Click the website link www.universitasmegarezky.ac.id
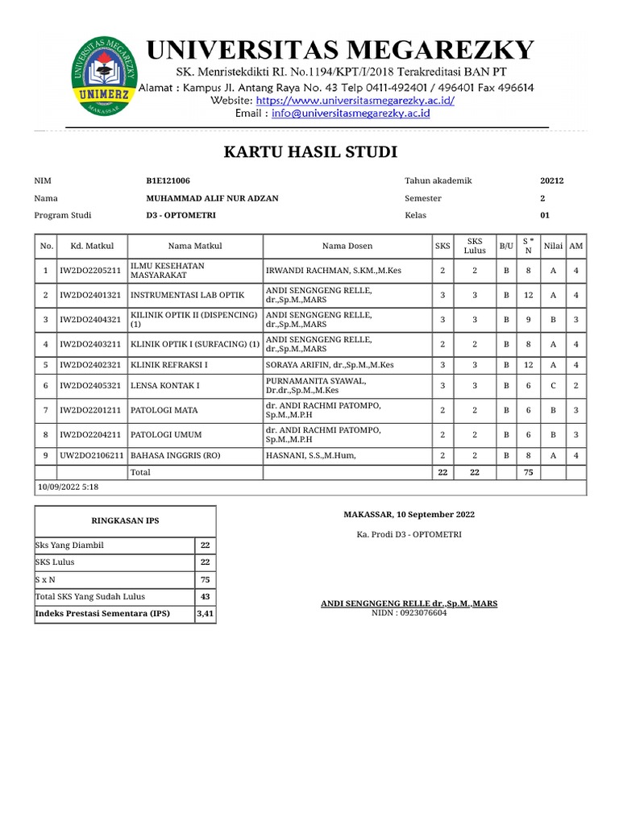pos(355,101)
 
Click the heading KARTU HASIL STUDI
pos(310,152)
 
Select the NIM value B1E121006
pos(168,180)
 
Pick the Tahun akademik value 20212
pos(551,180)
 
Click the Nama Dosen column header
pos(347,246)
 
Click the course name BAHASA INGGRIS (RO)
pos(174,455)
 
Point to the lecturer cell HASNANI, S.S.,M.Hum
pos(310,455)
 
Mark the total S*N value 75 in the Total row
pos(529,472)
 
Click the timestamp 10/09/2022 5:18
pos(69,487)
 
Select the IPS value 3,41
pos(205,614)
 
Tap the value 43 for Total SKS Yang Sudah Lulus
pos(205,596)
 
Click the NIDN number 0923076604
pos(409,613)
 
